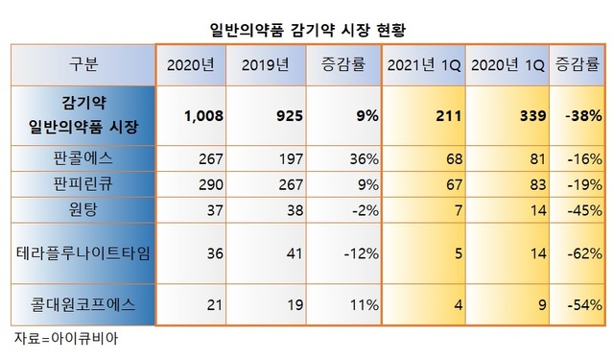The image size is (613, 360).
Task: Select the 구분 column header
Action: tap(83, 64)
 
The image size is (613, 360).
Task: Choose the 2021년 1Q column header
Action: tap(424, 64)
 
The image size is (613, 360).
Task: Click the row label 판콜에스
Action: tap(83, 156)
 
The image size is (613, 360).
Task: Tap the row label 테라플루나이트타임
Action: tap(83, 252)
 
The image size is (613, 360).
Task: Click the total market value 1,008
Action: tap(202, 115)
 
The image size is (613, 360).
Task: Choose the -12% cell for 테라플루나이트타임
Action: tap(357, 252)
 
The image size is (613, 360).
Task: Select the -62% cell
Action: tap(583, 252)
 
